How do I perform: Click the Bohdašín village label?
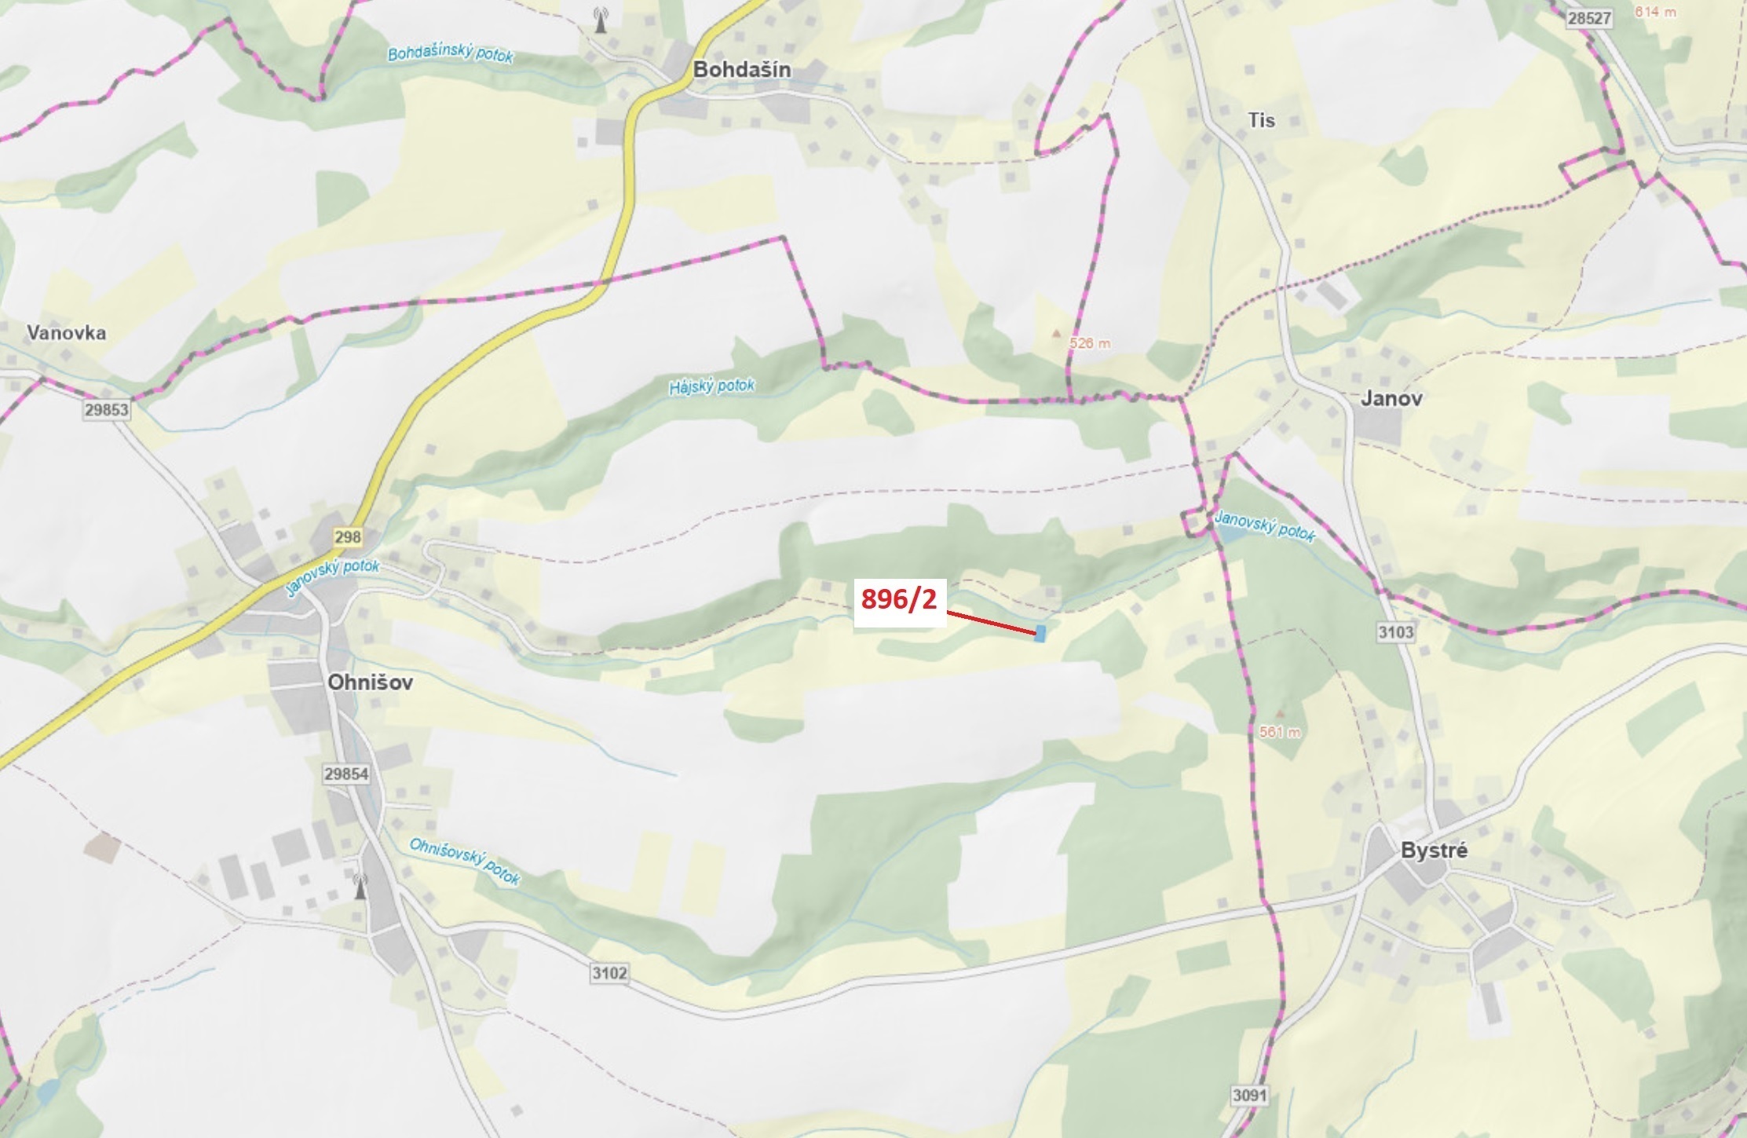coord(741,70)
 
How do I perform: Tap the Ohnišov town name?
coord(370,682)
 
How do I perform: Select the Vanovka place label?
coord(66,332)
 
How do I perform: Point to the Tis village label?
coord(1261,120)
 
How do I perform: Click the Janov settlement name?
coord(1391,398)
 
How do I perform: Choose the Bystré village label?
coord(1434,851)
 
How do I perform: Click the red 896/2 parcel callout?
coord(899,599)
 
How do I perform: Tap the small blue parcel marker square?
coord(1040,633)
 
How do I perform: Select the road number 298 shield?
coord(347,537)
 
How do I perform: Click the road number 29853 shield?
coord(107,410)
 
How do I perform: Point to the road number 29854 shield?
coord(346,774)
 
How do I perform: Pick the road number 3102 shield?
coord(609,974)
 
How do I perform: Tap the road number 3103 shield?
coord(1395,632)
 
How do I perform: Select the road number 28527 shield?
coord(1588,18)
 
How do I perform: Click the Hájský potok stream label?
coord(711,386)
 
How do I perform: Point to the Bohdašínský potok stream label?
coord(451,54)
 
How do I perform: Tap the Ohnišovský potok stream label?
coord(465,861)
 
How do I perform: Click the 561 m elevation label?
coord(1280,732)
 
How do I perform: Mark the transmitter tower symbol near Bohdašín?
coord(601,20)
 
